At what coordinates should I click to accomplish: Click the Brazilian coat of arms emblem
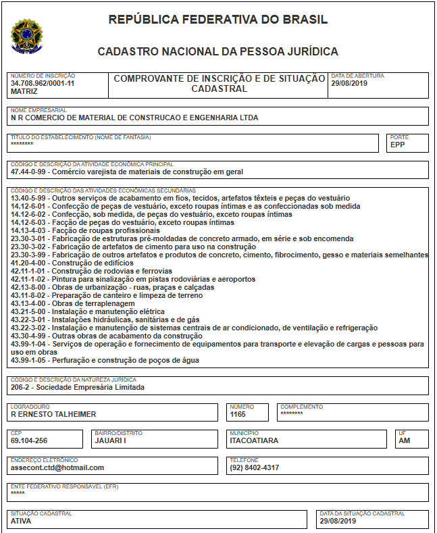[x=26, y=36]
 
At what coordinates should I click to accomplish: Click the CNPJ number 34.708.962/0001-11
[x=43, y=83]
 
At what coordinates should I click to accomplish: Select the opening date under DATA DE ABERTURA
[x=349, y=83]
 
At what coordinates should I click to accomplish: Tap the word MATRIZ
[x=24, y=91]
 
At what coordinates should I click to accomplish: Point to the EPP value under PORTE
[x=397, y=144]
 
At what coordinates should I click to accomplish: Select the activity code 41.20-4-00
[x=28, y=263]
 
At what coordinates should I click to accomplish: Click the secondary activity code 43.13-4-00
[x=28, y=303]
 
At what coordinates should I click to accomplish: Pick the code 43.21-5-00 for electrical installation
[x=28, y=311]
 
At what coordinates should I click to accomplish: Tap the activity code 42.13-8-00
[x=28, y=287]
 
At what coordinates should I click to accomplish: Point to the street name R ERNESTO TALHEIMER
[x=54, y=414]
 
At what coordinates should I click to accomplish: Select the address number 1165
[x=238, y=414]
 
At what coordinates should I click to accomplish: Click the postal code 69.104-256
[x=30, y=440]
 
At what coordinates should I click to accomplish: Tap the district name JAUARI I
[x=110, y=440]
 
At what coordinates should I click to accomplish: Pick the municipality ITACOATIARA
[x=254, y=440]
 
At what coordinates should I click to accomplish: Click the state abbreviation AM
[x=404, y=440]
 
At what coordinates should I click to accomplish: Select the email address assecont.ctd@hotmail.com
[x=58, y=467]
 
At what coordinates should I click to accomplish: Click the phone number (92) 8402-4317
[x=255, y=467]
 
